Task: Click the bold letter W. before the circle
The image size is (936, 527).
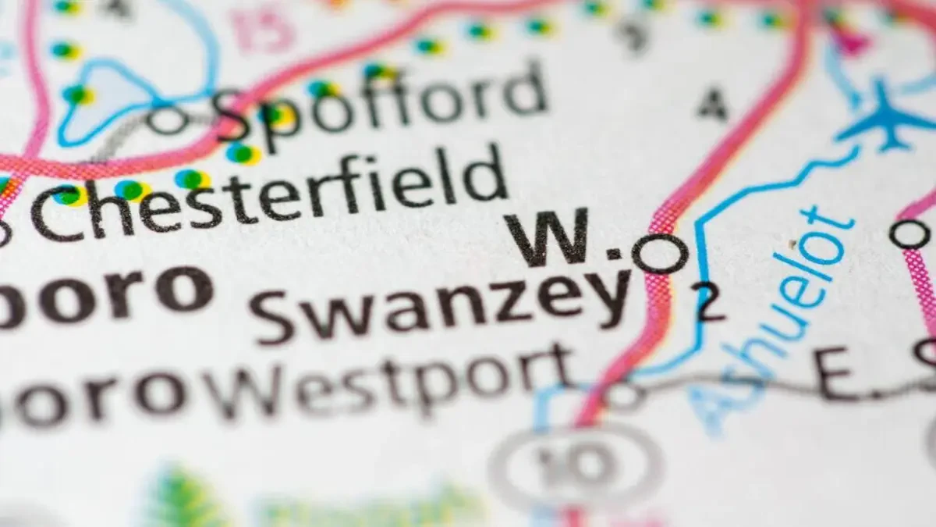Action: [551, 239]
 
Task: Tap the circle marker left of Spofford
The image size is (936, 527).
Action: [168, 120]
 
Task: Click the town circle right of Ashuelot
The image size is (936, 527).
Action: [909, 233]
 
